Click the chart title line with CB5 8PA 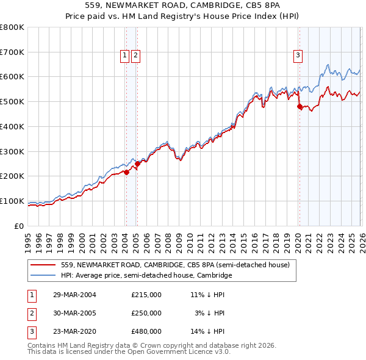click(x=183, y=7)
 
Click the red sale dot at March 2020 click(x=300, y=107)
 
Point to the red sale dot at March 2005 click(x=137, y=164)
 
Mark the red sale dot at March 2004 click(x=126, y=172)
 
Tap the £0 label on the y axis click(x=19, y=226)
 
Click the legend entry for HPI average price click(x=146, y=275)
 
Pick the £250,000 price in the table click(x=146, y=313)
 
